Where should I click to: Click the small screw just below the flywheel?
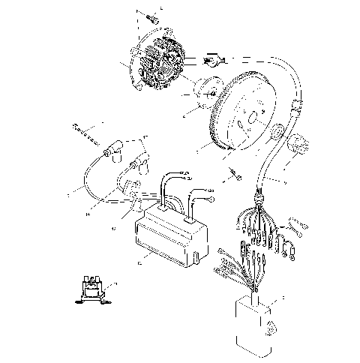236,174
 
